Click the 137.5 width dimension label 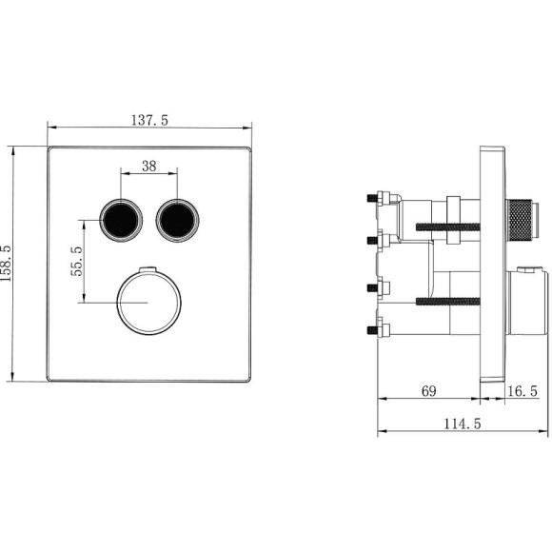tap(150, 121)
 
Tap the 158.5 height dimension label tap(6, 264)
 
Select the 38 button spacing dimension tap(148, 166)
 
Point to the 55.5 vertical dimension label tap(76, 261)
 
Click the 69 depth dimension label tap(429, 391)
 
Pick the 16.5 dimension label tap(522, 391)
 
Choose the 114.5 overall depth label tap(462, 424)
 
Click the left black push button tap(121, 221)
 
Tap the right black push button tap(177, 221)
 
